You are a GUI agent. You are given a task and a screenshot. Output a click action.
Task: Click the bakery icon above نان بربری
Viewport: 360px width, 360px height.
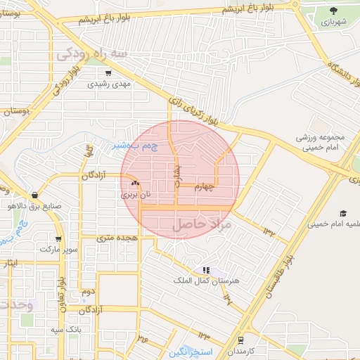[x=135, y=183]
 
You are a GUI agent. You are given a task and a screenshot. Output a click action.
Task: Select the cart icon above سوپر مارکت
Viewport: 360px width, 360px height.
[x=58, y=238]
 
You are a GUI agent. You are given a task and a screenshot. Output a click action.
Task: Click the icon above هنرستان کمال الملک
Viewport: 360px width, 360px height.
[x=206, y=270]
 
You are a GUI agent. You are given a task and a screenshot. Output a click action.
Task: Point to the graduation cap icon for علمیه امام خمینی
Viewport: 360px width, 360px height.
[x=344, y=213]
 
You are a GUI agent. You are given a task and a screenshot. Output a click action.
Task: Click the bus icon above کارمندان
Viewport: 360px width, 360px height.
[x=241, y=340]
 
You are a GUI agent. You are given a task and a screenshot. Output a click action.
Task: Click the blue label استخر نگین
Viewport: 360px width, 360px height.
[x=194, y=350]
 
